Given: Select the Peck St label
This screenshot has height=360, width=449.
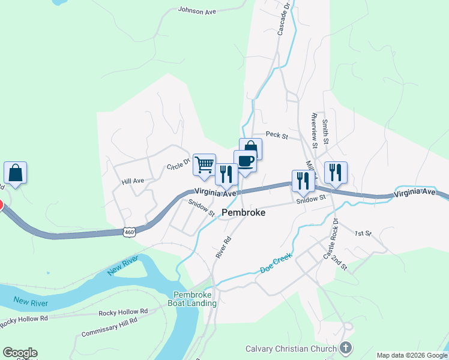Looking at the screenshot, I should pyautogui.click(x=277, y=136).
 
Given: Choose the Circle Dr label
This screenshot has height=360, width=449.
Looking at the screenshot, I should pyautogui.click(x=178, y=163).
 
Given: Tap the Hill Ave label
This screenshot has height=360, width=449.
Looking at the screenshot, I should pyautogui.click(x=133, y=181).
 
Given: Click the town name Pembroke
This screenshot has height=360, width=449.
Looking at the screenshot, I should pyautogui.click(x=244, y=212).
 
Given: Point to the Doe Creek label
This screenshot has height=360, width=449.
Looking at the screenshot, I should pyautogui.click(x=276, y=263).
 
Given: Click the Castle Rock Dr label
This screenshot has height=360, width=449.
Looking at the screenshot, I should pyautogui.click(x=331, y=239).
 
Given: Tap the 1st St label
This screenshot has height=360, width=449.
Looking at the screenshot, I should pyautogui.click(x=363, y=233).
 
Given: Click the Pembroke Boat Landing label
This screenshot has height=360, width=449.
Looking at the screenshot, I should pyautogui.click(x=195, y=299).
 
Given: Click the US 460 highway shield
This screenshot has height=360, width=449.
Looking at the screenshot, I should pyautogui.click(x=128, y=231).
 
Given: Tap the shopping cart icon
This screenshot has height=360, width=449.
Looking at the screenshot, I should pyautogui.click(x=204, y=164).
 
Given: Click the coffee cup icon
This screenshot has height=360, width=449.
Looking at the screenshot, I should pyautogui.click(x=245, y=161).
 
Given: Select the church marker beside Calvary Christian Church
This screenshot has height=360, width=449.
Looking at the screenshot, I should pyautogui.click(x=346, y=347).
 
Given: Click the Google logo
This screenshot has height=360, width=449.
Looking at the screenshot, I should pyautogui.click(x=20, y=353).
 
